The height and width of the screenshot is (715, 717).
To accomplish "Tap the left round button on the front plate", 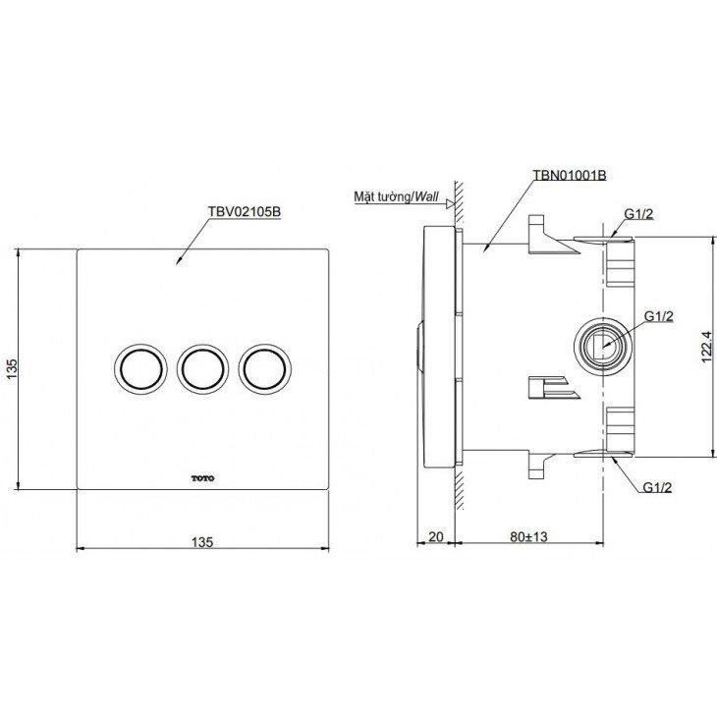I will pos(137,368).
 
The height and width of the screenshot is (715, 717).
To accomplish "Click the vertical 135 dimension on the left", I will pos(12,368).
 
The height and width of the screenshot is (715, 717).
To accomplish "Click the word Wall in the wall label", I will pos(425,196).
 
